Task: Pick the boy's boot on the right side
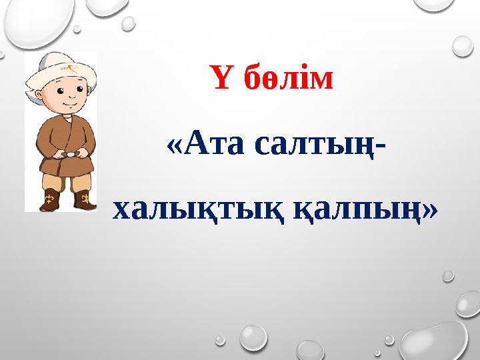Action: [x=84, y=199]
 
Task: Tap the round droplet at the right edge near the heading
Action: [x=462, y=46]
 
